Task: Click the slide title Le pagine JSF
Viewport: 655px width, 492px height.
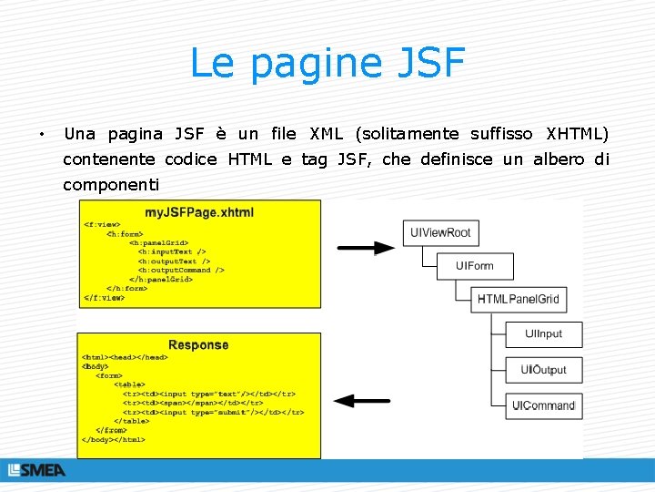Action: [327, 64]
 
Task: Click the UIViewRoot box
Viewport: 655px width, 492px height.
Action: [440, 233]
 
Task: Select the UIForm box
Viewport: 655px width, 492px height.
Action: [473, 266]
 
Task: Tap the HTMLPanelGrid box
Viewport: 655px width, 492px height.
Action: [519, 299]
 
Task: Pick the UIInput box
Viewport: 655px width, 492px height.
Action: [543, 334]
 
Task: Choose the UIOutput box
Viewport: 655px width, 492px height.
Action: [543, 370]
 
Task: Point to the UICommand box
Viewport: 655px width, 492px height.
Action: [543, 405]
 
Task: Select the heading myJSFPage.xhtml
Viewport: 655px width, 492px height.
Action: [199, 212]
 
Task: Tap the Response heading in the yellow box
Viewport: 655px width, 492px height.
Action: [198, 344]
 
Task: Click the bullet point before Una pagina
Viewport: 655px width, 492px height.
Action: [42, 136]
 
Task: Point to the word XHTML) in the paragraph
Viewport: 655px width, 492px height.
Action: [577, 134]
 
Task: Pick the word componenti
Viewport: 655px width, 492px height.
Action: [110, 185]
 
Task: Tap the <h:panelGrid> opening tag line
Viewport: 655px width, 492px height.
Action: [158, 242]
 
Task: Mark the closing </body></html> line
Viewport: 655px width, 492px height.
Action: [114, 439]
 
